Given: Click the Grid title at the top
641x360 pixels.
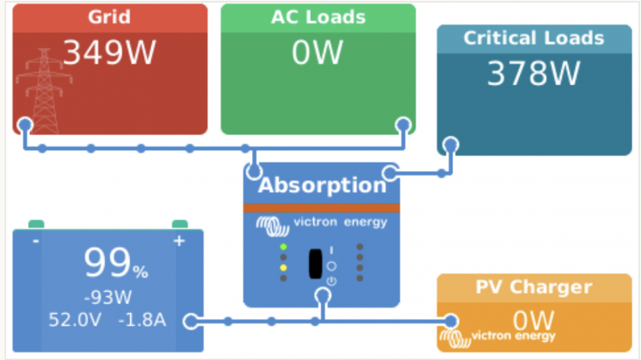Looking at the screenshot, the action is pos(109,17).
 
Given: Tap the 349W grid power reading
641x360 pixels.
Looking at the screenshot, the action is pos(110,53).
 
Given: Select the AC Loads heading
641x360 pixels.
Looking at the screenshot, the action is pos(318,17).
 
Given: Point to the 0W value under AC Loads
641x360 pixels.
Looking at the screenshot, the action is pos(317,53).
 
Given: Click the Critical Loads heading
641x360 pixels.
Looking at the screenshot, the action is pos(533,38).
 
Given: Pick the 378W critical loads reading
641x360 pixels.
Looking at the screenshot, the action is pos(533,74).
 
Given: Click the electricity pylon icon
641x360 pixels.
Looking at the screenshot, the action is pos(44,91).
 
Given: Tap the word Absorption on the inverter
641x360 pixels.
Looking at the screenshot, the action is pos(322,186).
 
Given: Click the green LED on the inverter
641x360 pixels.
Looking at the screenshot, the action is pos(283,247).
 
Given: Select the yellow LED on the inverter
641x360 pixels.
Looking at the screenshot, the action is pos(283,268).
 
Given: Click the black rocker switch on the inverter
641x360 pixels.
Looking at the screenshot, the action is pos(315,263).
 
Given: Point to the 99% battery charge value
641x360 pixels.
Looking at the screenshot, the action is pos(115,263).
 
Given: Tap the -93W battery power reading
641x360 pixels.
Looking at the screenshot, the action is pos(108,297).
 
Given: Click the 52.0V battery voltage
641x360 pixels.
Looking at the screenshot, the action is pos(75,320).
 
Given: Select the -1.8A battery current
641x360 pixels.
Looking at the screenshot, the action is pos(142,320).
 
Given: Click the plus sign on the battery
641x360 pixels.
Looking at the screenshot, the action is pos(179,241).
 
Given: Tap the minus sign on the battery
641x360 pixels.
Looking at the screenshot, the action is pos(36,241).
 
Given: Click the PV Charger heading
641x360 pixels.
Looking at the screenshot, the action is pos(534,287).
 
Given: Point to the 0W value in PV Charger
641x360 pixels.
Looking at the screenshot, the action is pos(533,320).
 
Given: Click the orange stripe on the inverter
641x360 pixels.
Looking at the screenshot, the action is pos(321,208).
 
